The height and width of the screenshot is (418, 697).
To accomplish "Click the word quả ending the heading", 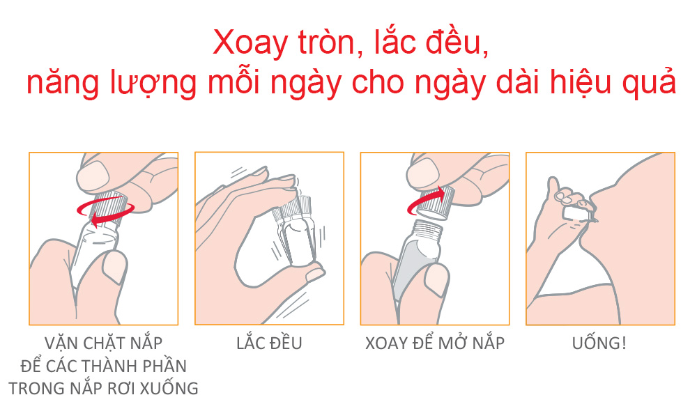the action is point(649,83).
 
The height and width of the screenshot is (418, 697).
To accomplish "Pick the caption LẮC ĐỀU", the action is point(269,343).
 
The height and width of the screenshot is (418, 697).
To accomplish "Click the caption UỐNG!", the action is point(599,343).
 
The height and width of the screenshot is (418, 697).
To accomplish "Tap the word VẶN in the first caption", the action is point(61,343).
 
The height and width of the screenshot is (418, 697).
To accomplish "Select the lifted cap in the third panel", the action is point(436,203).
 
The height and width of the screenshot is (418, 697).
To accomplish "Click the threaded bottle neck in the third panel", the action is point(428,229).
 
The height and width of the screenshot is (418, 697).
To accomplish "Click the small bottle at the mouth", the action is point(576,212).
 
